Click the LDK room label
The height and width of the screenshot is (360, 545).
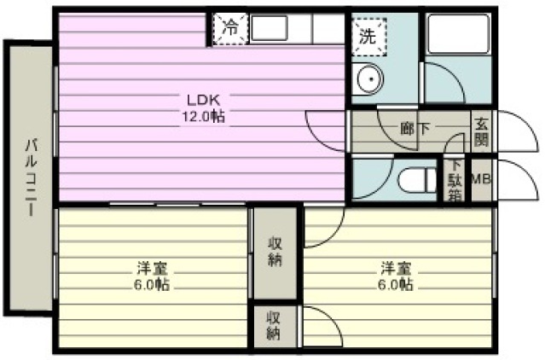click(203, 100)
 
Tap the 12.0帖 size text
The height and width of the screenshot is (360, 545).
click(204, 116)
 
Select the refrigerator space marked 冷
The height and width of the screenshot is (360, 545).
click(230, 29)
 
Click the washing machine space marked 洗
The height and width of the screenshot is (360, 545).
click(368, 36)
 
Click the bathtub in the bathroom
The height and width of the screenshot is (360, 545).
click(458, 34)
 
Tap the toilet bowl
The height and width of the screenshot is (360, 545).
click(416, 180)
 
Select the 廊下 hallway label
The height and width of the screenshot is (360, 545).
click(415, 129)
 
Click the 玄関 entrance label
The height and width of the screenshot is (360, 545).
click(482, 132)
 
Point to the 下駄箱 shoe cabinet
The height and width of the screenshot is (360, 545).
click(455, 180)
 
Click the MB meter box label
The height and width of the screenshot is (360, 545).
click(481, 179)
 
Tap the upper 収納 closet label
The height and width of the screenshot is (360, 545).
click(275, 252)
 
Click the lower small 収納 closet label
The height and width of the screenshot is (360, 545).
click(275, 325)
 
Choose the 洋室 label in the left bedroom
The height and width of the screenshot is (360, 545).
click(152, 268)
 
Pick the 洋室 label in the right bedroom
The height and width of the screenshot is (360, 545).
click(397, 268)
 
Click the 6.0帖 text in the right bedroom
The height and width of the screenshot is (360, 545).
click(396, 285)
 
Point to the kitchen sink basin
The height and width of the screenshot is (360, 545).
click(270, 28)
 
